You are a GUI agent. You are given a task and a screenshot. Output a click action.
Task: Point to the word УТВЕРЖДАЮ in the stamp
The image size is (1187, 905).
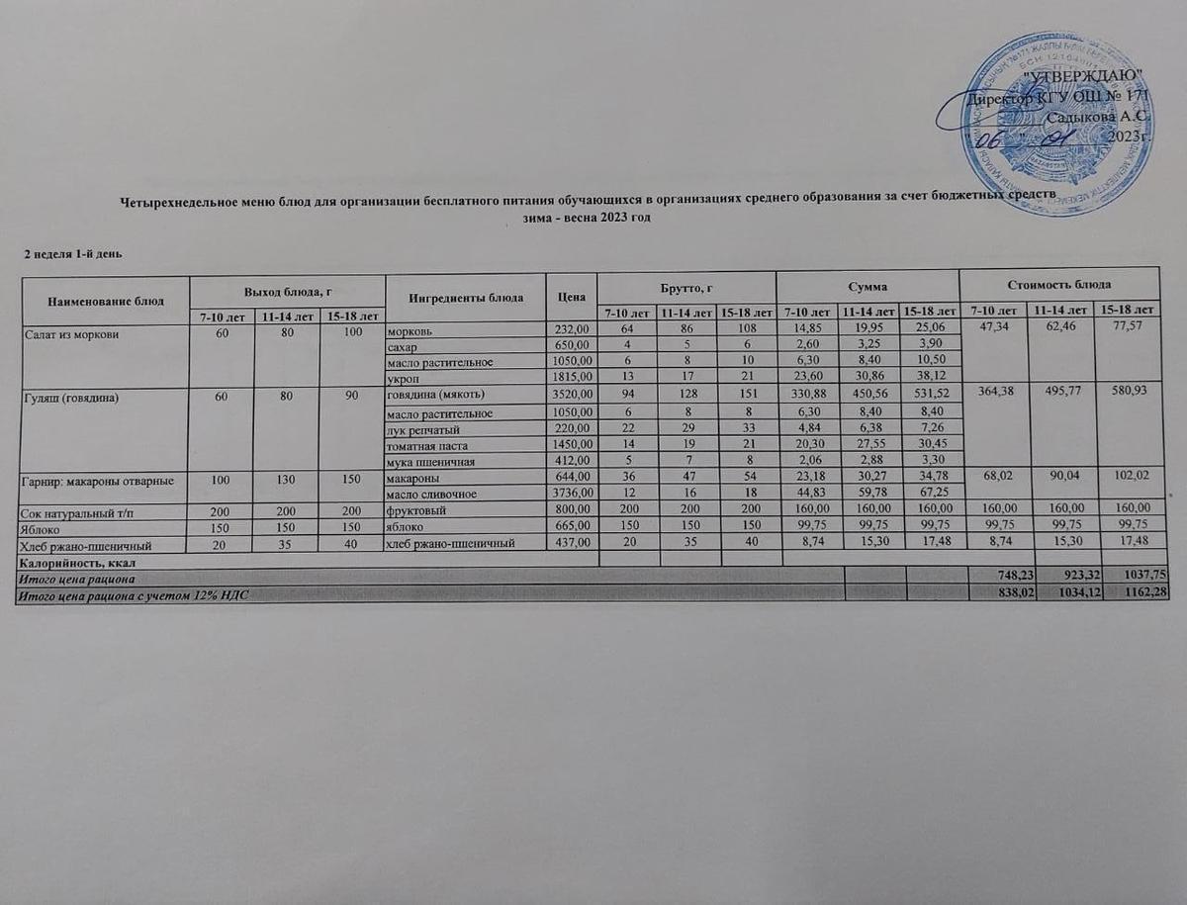(1084, 76)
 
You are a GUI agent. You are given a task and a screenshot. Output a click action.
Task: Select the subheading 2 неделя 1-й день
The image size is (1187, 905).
(72, 255)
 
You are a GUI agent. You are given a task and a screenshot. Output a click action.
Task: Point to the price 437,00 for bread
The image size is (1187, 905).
(572, 544)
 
